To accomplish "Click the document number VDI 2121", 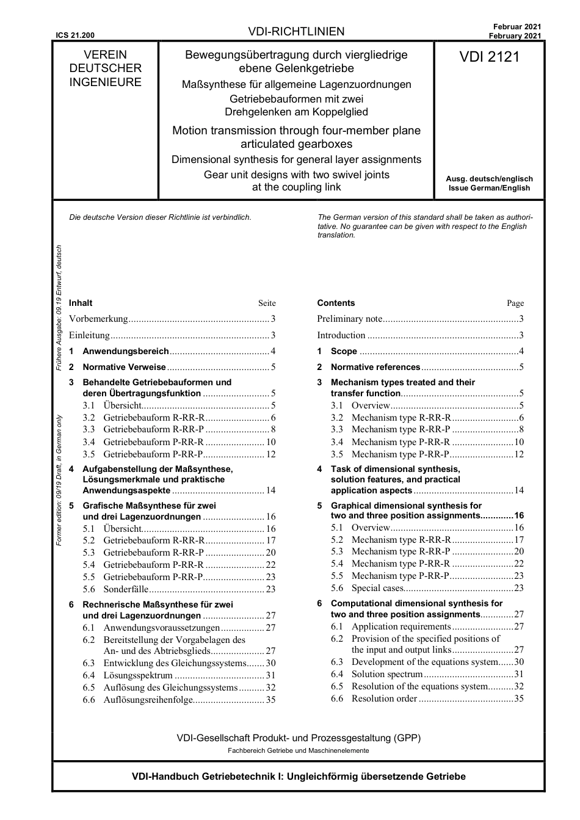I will coord(489,57).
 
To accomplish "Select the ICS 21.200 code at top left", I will coord(75,35).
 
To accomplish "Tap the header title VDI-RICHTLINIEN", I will coord(296,32).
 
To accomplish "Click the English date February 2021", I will coord(514,36).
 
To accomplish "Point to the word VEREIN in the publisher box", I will coord(105,54).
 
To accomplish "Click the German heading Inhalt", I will coord(81,303).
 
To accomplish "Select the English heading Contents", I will coord(336,303).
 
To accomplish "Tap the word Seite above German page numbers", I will coord(267,303).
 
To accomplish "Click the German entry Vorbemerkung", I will coord(98,319).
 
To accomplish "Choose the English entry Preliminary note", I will coord(349,319).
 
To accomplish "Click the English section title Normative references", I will coord(375,367).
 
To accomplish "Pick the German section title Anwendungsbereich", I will coord(125,351).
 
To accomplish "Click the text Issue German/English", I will coord(489,188).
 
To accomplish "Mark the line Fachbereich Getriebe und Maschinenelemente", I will coord(298,750).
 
